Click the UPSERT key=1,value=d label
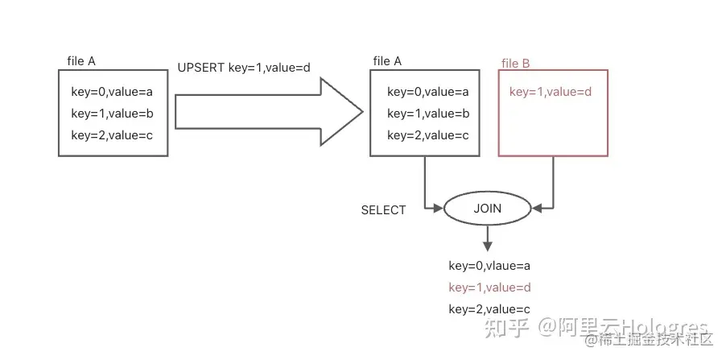pyautogui.click(x=244, y=68)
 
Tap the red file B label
pyautogui.click(x=515, y=64)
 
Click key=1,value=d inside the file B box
pyautogui.click(x=551, y=92)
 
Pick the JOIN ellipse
pyautogui.click(x=487, y=209)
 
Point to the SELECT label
pyautogui.click(x=383, y=210)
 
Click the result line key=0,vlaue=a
pyautogui.click(x=489, y=265)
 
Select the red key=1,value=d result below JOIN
pyautogui.click(x=489, y=287)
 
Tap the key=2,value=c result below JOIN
pyautogui.click(x=489, y=308)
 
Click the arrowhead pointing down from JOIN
pyautogui.click(x=487, y=245)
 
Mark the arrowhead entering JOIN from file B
pyautogui.click(x=537, y=209)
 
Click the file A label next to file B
pyautogui.click(x=387, y=61)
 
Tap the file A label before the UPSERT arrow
pyautogui.click(x=81, y=61)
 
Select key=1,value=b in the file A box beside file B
pyautogui.click(x=427, y=114)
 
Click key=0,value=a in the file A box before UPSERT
pyautogui.click(x=112, y=92)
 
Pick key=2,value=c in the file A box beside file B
pyautogui.click(x=427, y=135)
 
